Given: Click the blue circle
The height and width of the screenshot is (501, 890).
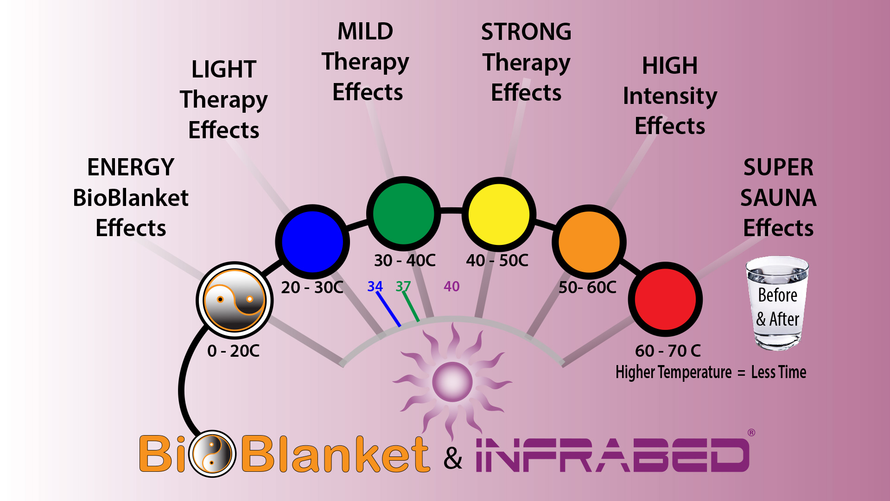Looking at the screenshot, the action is [x=312, y=242].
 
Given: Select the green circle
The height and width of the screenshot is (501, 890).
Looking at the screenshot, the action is [x=403, y=214].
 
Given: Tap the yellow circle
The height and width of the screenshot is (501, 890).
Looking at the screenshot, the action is [x=499, y=214].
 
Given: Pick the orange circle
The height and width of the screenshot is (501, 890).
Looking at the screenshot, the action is [x=589, y=242].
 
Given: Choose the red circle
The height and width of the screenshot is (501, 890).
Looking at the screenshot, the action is [x=665, y=299].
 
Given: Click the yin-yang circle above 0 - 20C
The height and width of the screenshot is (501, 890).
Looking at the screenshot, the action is [x=235, y=300].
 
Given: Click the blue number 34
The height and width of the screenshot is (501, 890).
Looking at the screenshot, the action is [x=375, y=286].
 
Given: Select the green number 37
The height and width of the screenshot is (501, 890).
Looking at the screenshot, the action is [x=403, y=286].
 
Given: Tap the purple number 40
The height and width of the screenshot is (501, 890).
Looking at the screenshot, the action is [x=451, y=286].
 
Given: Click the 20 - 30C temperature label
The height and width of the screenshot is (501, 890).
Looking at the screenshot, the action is [x=312, y=287].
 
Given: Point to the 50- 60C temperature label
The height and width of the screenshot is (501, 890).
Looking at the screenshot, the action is [x=587, y=287].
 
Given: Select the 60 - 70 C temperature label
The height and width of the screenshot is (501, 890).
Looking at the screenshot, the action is [x=668, y=351].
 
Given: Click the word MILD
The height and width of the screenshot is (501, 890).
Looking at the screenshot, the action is [x=365, y=32].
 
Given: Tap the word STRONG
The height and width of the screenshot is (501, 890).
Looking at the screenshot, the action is [x=526, y=32].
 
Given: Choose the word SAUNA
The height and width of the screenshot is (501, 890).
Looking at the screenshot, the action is [x=778, y=198].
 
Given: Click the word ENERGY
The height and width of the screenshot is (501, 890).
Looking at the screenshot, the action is [x=131, y=167].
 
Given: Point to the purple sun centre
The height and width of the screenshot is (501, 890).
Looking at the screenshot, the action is [x=452, y=382].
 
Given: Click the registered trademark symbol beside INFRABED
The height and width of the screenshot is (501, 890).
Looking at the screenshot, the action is [x=751, y=432].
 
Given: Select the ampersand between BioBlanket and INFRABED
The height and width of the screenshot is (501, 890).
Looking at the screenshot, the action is [x=453, y=458].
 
